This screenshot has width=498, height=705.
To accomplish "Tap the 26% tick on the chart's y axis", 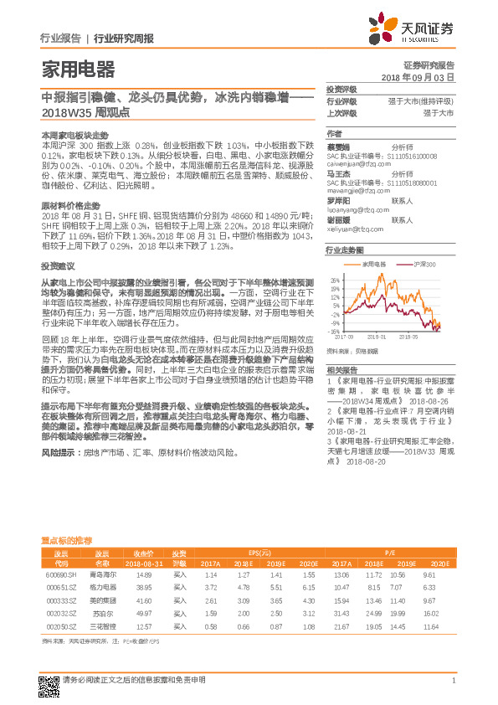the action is pos(335,280).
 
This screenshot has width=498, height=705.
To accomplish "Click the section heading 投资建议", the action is pos(56,265).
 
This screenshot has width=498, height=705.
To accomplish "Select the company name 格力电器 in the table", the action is pos(101,588).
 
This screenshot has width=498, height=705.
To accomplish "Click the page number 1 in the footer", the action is pos(453,680).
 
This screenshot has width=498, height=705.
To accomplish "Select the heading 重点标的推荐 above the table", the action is pos(67,541).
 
